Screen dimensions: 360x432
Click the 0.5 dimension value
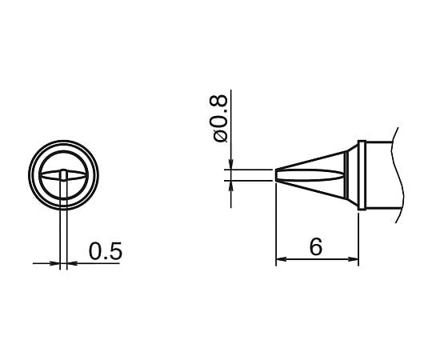point(105,251)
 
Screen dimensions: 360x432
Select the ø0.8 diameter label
point(222,119)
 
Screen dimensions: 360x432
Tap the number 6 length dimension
point(317,247)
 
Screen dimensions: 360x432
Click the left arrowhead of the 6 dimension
point(280,261)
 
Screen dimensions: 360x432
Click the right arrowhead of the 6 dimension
point(354,261)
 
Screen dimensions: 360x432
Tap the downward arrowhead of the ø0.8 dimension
point(230,166)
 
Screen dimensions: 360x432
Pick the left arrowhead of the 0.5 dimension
point(56,262)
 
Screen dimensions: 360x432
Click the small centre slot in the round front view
point(64,175)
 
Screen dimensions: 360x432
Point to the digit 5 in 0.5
point(115,251)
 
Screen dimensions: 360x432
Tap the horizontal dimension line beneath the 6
point(317,261)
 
